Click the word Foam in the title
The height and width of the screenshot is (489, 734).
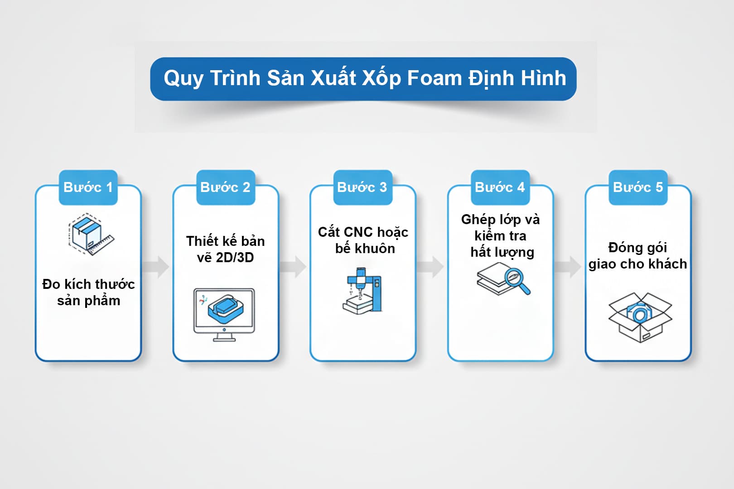(x=435, y=78)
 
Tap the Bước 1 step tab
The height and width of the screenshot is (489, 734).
(x=88, y=187)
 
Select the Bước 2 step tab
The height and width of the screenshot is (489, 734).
(x=225, y=187)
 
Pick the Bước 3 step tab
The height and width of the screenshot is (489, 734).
(x=362, y=187)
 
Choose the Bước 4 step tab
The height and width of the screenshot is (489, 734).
(x=500, y=187)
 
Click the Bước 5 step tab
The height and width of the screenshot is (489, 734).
(x=637, y=187)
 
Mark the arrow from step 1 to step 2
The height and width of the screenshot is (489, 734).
(x=157, y=267)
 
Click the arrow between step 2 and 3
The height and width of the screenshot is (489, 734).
(x=294, y=267)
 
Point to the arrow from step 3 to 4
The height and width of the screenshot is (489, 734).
(x=431, y=267)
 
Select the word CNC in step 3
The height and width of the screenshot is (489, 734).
(x=358, y=232)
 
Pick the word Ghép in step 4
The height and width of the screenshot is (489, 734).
(x=478, y=220)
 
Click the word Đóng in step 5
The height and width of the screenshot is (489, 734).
(x=625, y=247)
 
